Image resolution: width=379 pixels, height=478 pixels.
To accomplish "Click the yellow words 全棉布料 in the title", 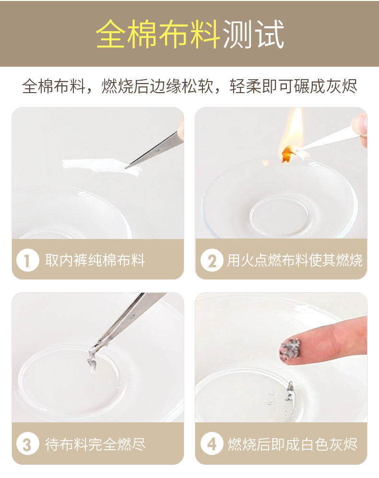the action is pos(158,34).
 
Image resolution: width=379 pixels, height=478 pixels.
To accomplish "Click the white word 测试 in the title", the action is pos(253,34).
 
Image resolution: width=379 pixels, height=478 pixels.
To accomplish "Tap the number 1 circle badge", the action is pos(27,260).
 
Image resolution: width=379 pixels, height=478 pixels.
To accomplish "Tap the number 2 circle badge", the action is pos(212,260).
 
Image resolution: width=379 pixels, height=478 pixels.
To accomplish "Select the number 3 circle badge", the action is pos(27,444).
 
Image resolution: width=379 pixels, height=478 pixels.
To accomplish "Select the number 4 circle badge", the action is pos(212,444).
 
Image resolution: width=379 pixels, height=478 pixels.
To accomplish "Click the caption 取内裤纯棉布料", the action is pos(95,260).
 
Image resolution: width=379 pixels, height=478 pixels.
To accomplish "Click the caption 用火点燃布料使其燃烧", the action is pos(295,260).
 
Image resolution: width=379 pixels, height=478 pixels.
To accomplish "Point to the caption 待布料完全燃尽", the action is pos(95,444).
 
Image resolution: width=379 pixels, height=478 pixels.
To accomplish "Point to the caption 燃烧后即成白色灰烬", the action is pos(293,444).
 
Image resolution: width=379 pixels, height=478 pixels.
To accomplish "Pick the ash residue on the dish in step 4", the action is pos(289,392).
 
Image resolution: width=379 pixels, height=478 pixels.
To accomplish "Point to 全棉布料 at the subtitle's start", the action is pos(54,86).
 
